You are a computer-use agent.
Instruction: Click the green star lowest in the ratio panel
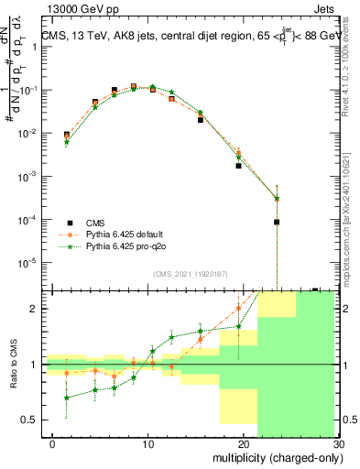[66, 398]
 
